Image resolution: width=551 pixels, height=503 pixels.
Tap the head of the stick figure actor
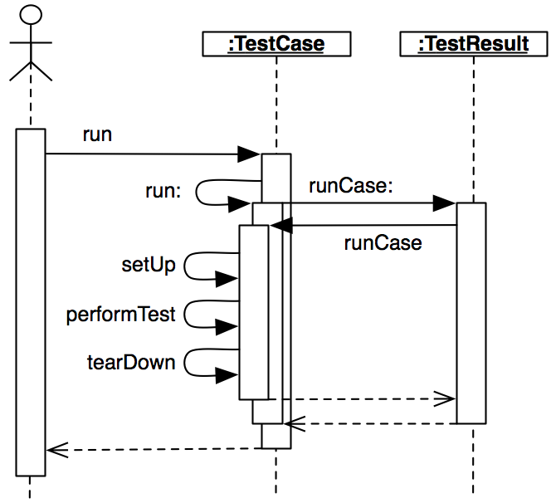30,15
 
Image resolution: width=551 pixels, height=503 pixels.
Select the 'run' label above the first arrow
97,134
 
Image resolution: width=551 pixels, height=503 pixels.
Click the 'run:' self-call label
163,191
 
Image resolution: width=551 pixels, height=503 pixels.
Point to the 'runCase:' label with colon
350,186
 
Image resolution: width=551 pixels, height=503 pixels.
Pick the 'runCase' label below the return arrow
383,243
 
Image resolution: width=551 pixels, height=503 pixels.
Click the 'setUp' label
149,266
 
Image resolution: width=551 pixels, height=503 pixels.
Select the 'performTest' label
121,315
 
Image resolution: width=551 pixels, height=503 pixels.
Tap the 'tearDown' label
131,363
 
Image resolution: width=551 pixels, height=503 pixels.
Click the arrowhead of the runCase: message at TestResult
445,203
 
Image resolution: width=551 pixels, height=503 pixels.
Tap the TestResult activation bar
471,311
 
